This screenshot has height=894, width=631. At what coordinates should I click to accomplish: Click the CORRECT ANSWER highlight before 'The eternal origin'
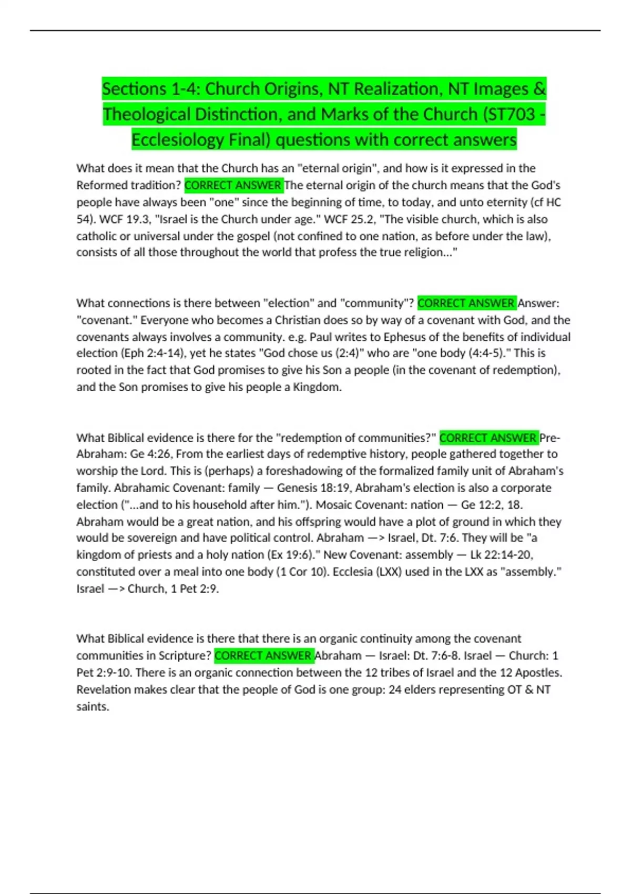[233, 185]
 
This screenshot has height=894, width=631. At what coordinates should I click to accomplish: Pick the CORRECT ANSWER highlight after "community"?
[466, 303]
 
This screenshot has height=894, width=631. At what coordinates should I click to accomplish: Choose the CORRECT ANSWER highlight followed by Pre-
[488, 438]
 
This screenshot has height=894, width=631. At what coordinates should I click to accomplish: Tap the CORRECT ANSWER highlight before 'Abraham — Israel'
[263, 656]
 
